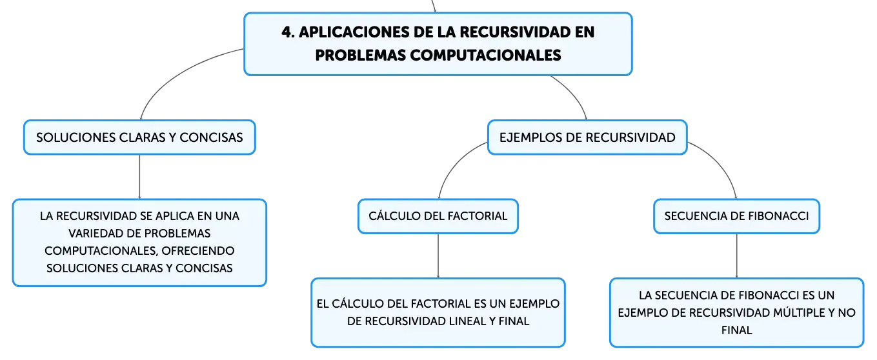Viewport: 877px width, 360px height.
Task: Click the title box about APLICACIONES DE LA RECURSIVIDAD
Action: pyautogui.click(x=438, y=44)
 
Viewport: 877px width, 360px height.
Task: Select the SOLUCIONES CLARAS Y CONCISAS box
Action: pyautogui.click(x=140, y=137)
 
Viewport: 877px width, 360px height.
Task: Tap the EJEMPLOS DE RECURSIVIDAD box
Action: pyautogui.click(x=587, y=137)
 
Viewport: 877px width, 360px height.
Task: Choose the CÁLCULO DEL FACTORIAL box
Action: pyautogui.click(x=438, y=216)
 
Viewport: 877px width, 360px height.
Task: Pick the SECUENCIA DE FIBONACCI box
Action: pyautogui.click(x=736, y=216)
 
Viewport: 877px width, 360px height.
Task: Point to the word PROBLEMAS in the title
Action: pyautogui.click(x=361, y=55)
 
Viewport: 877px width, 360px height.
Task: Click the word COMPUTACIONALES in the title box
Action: pyautogui.click(x=485, y=55)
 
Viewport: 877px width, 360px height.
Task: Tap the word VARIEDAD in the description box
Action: pyautogui.click(x=93, y=233)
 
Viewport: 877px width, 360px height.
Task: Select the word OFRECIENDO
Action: pyautogui.click(x=197, y=251)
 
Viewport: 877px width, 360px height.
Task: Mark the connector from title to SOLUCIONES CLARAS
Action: pyautogui.click(x=178, y=72)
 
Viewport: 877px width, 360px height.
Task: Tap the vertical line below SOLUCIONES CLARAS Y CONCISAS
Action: pyautogui.click(x=139, y=177)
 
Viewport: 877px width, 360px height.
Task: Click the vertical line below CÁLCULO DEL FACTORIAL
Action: pyautogui.click(x=438, y=256)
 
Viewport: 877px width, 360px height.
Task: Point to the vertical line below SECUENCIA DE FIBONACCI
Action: pyautogui.click(x=737, y=256)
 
